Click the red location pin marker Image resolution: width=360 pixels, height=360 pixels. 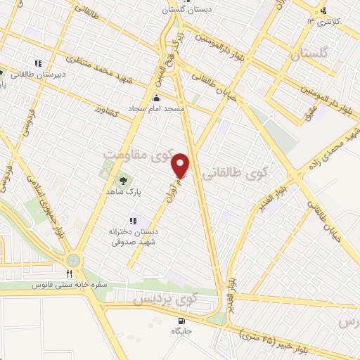(181, 165)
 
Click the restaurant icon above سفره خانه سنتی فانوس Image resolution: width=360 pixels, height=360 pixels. (70, 274)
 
